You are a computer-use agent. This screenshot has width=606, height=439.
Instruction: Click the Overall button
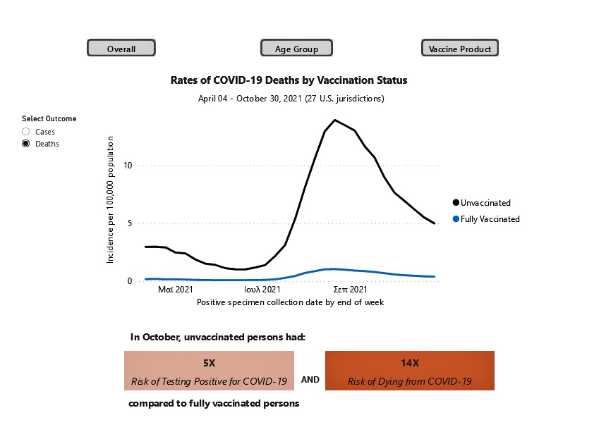tap(121, 49)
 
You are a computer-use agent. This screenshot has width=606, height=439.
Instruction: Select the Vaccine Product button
tap(460, 49)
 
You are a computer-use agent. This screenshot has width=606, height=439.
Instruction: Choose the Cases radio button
tap(26, 132)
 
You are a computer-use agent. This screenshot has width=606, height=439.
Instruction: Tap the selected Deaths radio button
tap(26, 144)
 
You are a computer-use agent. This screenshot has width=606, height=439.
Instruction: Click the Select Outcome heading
tap(49, 119)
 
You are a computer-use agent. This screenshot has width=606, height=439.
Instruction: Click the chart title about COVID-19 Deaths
tap(289, 80)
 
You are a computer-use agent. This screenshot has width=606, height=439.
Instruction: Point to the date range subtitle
tap(291, 99)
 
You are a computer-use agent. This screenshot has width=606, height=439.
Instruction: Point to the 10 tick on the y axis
tap(128, 166)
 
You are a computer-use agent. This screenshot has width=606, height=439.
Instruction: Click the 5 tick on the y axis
tap(130, 223)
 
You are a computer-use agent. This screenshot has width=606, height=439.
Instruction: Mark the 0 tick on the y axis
tap(130, 281)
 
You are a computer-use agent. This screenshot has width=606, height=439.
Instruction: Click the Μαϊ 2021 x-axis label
tap(176, 290)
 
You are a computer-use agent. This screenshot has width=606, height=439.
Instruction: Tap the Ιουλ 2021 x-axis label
tap(262, 290)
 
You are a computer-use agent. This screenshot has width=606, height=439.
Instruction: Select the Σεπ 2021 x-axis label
tap(349, 290)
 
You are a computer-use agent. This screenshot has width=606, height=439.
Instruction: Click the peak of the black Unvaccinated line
tap(334, 120)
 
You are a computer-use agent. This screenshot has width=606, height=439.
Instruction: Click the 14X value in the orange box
tap(409, 363)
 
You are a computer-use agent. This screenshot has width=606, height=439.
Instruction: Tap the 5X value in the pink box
tap(210, 363)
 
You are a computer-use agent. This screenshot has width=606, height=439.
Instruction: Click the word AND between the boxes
tap(310, 380)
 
